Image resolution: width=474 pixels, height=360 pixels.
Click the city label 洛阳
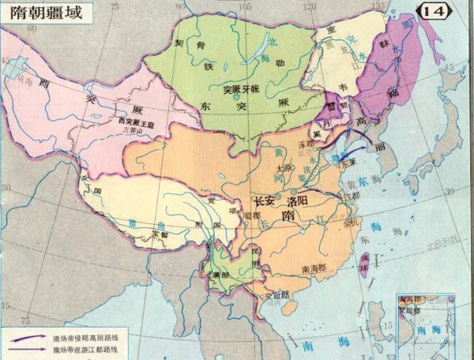coord(308,201)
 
